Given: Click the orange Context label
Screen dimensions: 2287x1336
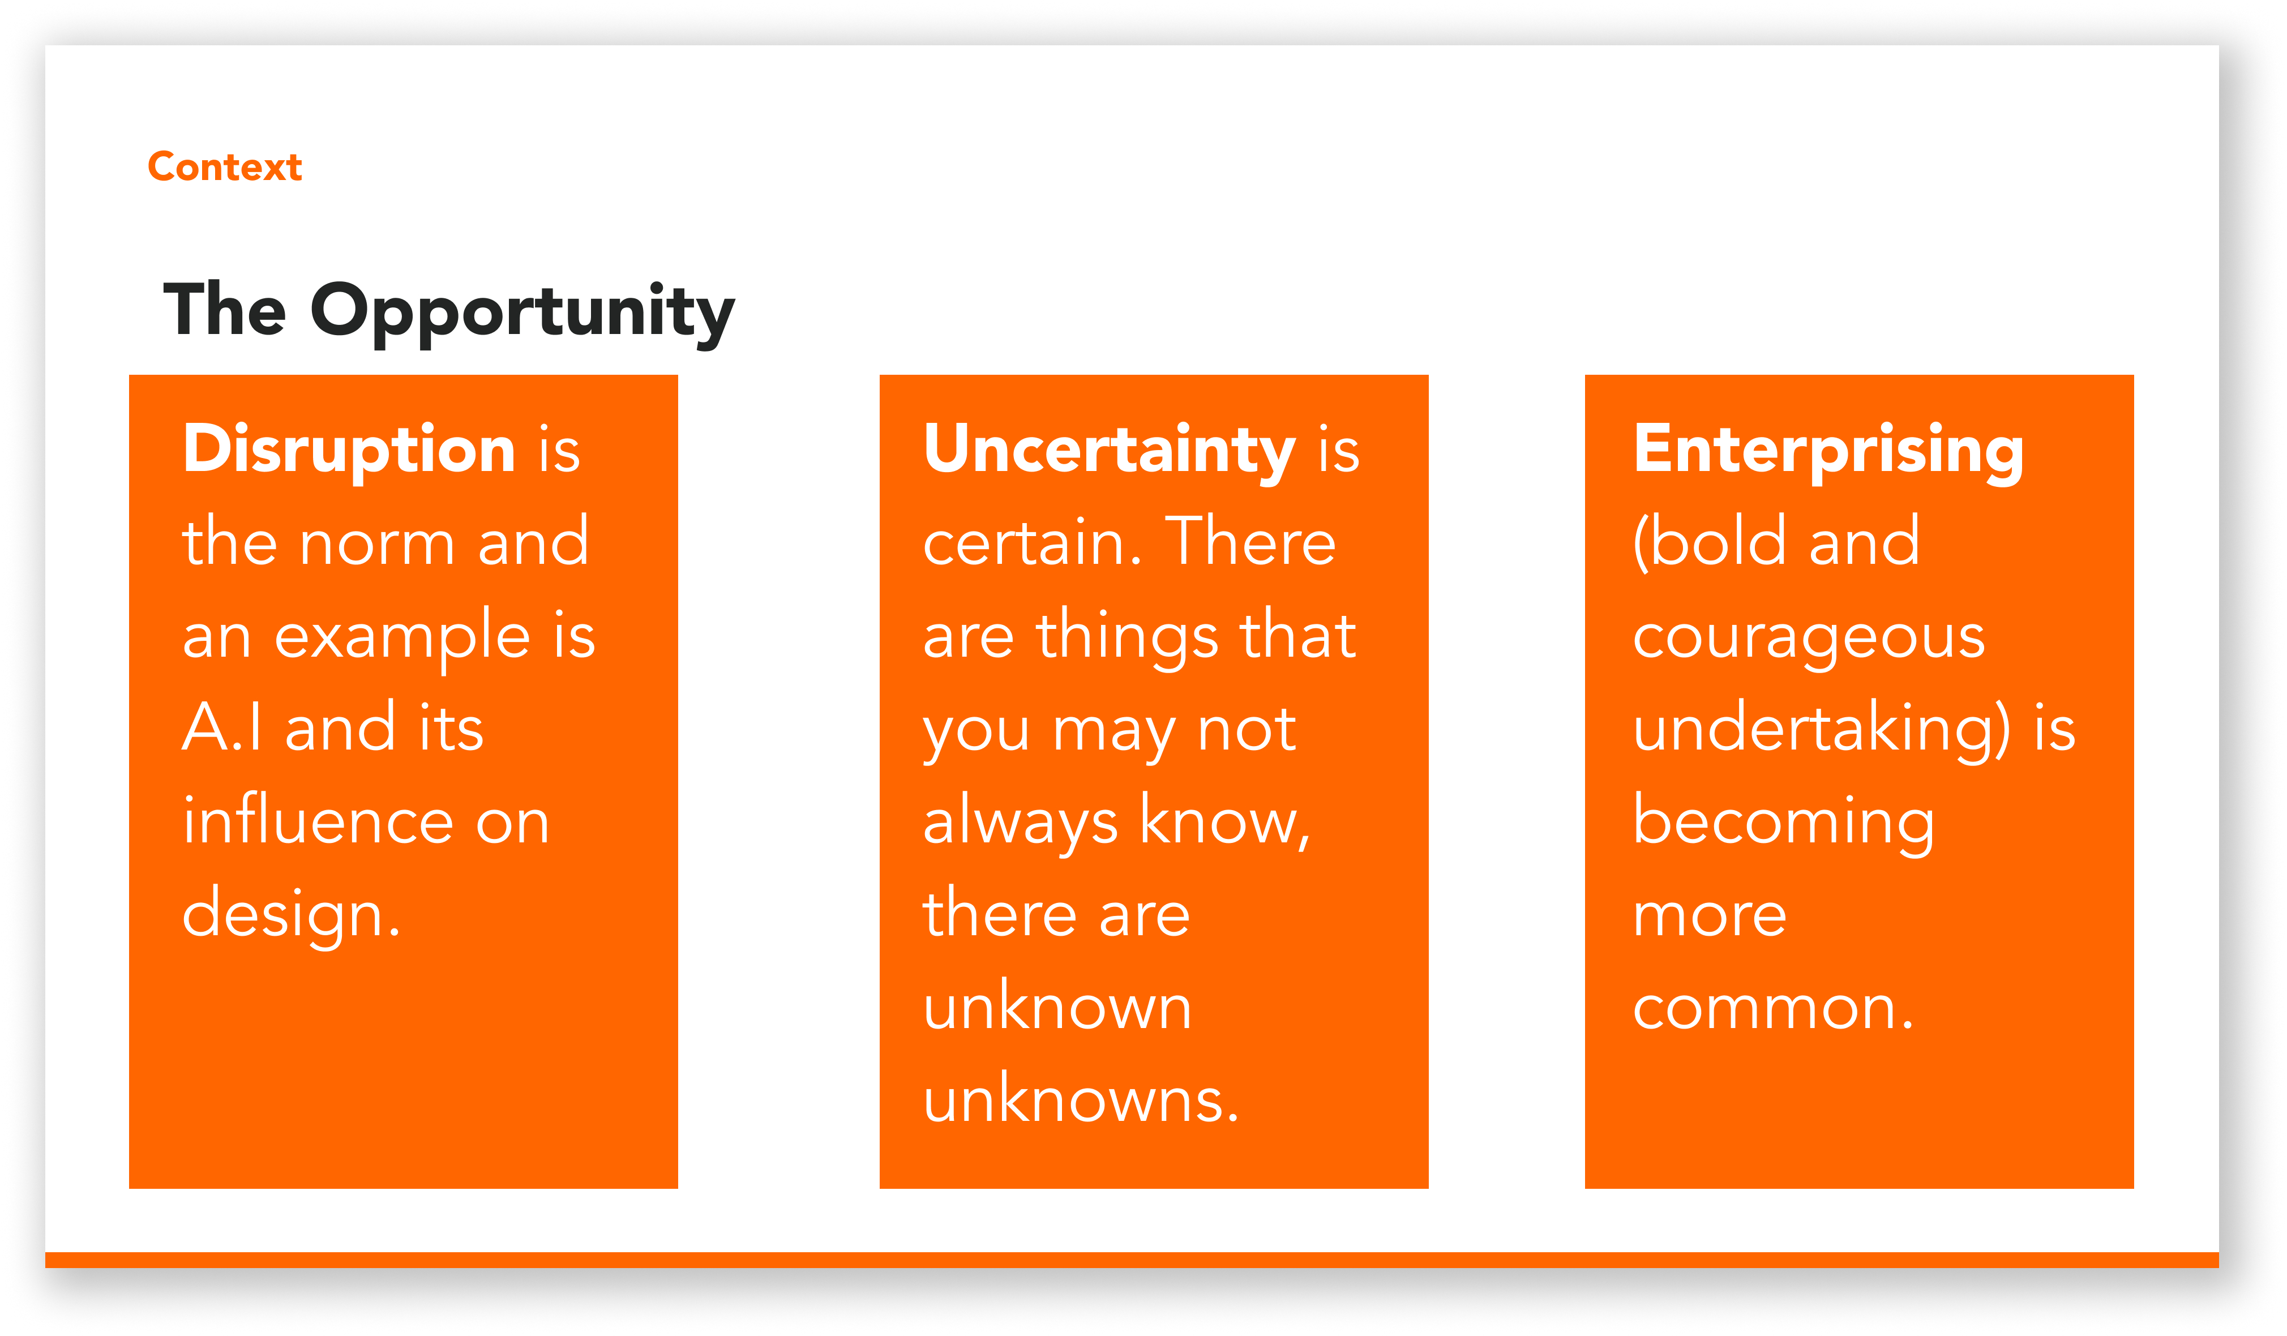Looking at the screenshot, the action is pos(225,167).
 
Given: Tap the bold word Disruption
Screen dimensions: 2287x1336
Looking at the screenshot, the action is pos(349,450).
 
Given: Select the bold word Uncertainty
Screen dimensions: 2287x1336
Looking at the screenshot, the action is pos(1109,451).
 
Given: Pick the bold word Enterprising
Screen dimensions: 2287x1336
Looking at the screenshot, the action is pos(1828,451).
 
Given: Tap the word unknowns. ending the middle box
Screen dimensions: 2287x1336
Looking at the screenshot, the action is pos(1080,1099).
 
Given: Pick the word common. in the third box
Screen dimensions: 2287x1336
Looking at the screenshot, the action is pos(1774,1008).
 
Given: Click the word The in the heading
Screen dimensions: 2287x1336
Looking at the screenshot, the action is pos(225,310).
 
